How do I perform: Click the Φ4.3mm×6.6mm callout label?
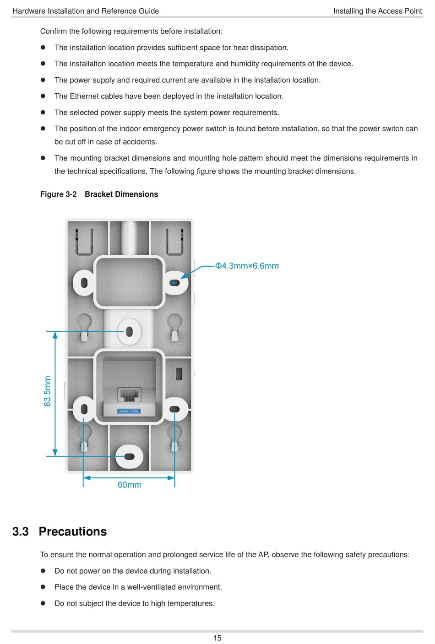[247, 266]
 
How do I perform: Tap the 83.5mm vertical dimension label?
[48, 391]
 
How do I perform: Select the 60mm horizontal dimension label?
[129, 485]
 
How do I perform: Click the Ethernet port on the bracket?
[130, 394]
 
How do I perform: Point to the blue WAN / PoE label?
[129, 411]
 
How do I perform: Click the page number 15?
[217, 638]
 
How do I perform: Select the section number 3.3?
[21, 531]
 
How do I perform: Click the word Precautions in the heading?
[73, 531]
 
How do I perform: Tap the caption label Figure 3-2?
[58, 194]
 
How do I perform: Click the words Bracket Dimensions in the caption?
[121, 194]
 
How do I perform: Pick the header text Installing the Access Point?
[377, 11]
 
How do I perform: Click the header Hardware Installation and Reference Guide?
[86, 11]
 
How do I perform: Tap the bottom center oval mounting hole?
[129, 456]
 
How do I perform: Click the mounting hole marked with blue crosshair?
[174, 283]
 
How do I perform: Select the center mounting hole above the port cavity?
[129, 331]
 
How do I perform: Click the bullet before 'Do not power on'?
[43, 571]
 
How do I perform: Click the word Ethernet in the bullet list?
[85, 96]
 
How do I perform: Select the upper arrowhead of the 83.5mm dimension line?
[55, 335]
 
